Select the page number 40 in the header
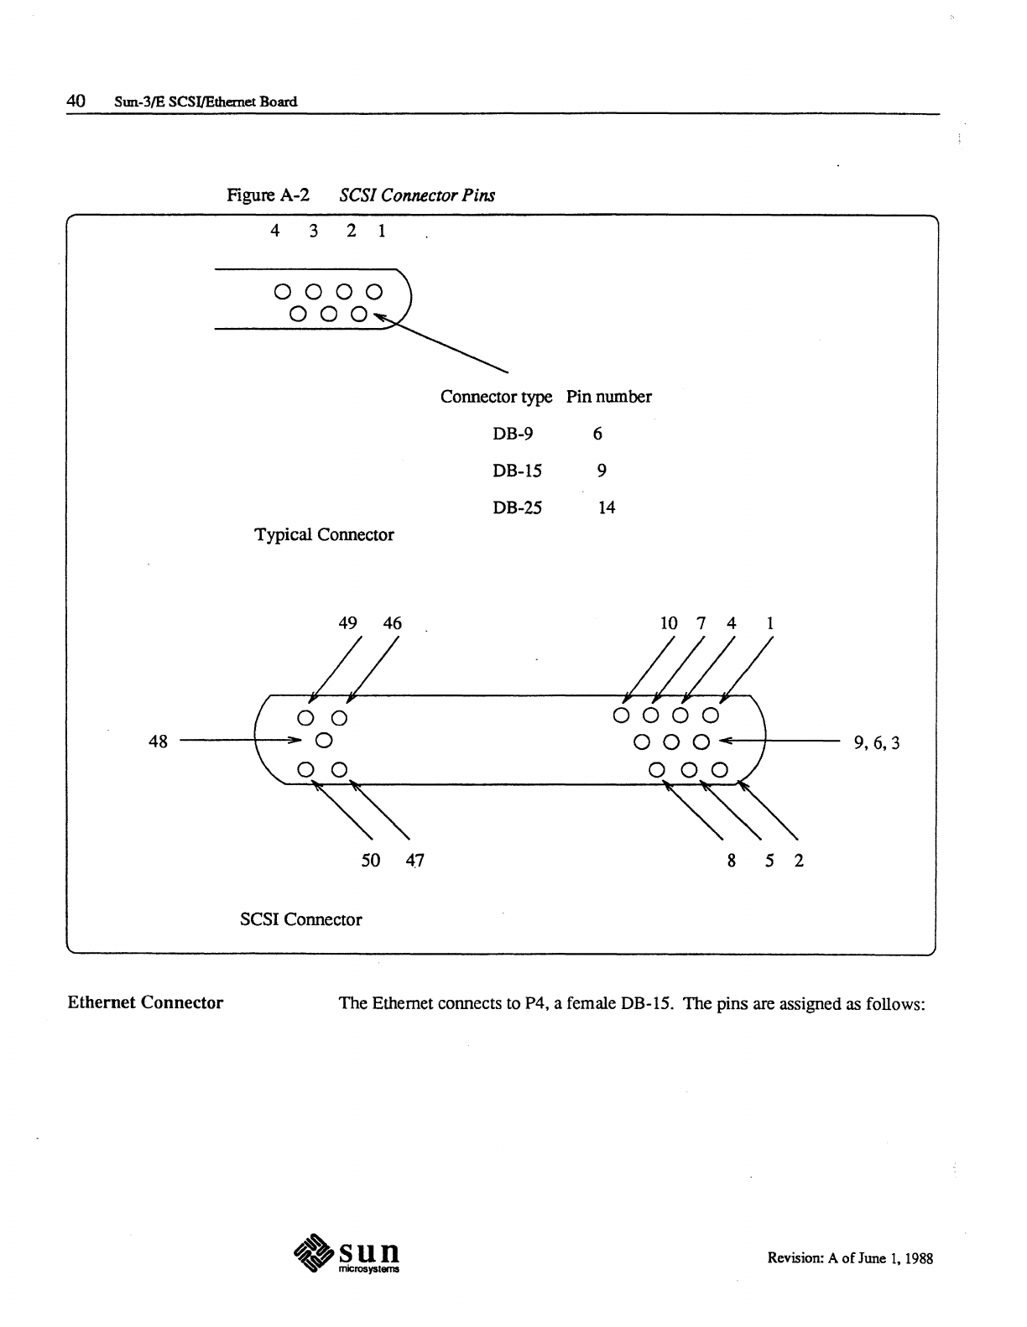click(x=76, y=101)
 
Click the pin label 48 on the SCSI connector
click(x=158, y=742)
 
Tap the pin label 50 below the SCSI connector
click(x=370, y=861)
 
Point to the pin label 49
click(x=347, y=623)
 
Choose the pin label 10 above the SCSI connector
click(x=669, y=623)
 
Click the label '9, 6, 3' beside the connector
click(x=876, y=742)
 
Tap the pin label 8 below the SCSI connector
click(x=732, y=861)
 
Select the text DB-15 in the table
click(x=517, y=471)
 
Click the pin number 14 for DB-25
click(x=607, y=507)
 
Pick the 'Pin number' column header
click(x=608, y=397)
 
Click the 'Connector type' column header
click(x=496, y=397)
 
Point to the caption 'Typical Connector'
click(x=324, y=535)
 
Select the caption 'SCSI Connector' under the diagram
click(x=301, y=919)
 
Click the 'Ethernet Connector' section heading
click(x=145, y=1002)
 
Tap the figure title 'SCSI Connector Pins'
click(x=417, y=195)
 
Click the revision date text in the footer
click(x=850, y=1258)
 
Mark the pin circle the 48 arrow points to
click(x=323, y=741)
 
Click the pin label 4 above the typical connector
click(x=274, y=231)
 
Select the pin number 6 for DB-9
click(x=597, y=434)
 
